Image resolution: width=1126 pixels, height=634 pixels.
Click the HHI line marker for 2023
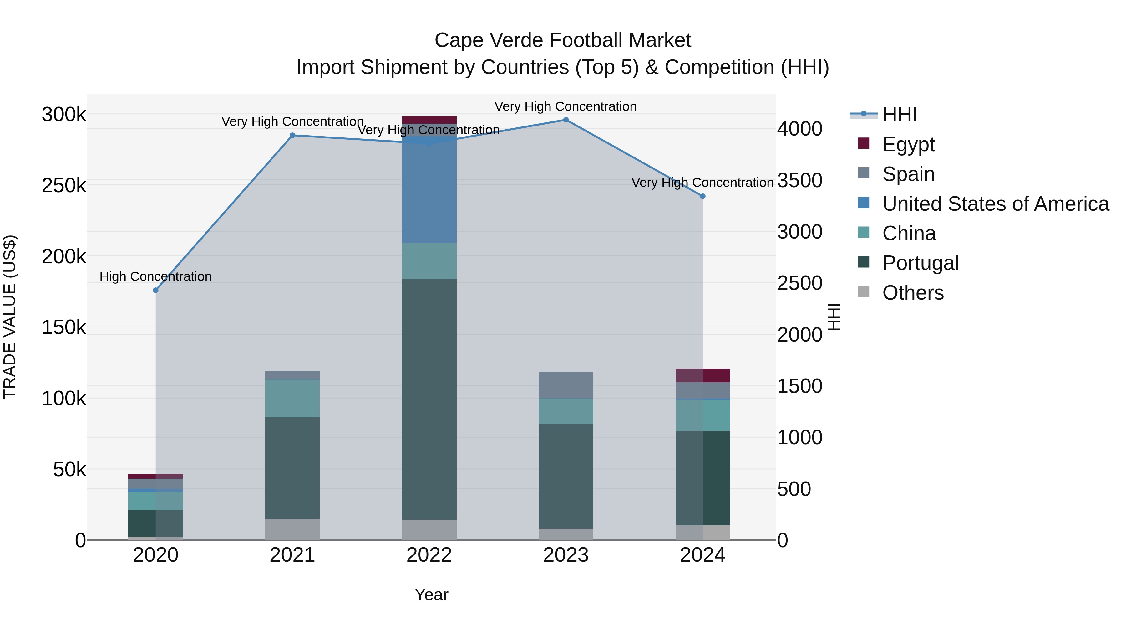coord(566,120)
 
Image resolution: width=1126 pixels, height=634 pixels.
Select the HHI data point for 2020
coord(156,290)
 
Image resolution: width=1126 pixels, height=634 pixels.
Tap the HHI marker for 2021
coord(292,135)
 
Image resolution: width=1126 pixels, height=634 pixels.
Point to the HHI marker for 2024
coord(702,196)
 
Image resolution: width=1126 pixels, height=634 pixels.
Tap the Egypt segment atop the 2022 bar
coord(429,120)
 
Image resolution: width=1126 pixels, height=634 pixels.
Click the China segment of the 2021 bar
coord(292,398)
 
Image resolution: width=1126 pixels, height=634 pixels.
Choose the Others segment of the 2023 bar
coord(566,534)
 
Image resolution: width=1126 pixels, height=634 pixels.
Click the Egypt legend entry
coord(908,144)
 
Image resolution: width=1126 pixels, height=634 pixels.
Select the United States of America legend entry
coord(995,204)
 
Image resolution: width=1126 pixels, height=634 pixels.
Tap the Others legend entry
coord(913,292)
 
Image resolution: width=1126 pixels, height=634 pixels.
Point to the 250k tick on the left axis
coord(64,186)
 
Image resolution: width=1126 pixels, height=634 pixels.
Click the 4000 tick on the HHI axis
coord(799,129)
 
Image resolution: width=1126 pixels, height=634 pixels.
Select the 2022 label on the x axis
coord(429,555)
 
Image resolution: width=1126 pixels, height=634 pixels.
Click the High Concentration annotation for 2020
coord(156,276)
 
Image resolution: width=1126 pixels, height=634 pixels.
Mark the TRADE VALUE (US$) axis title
coord(10,317)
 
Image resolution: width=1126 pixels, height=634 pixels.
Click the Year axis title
coord(431,595)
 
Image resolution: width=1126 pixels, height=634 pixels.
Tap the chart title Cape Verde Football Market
coord(563,40)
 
